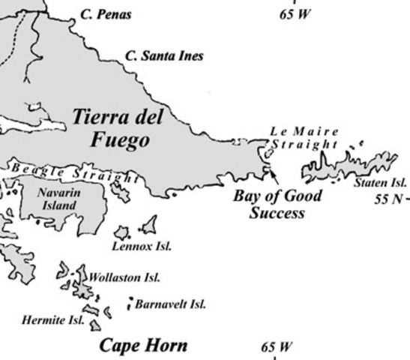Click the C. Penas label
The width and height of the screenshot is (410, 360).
point(105,15)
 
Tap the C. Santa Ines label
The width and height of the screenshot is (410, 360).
point(163,55)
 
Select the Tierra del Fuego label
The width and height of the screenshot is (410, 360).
point(118,128)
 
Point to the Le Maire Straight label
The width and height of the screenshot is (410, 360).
point(304,138)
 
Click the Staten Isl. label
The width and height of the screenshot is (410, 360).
point(379,181)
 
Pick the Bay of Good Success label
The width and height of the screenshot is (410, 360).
point(277,204)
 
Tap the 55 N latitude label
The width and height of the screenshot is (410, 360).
point(389,199)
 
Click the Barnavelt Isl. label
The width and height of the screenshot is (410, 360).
point(170,304)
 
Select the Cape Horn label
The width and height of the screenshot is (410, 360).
point(143,346)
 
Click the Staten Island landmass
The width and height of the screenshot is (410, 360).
point(352,165)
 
